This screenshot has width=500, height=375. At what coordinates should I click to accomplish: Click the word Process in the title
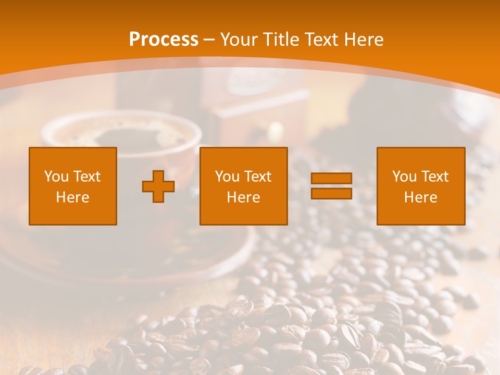[164, 40]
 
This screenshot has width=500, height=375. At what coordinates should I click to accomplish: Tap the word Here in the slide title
[364, 40]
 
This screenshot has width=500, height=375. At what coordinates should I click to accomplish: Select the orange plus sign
[158, 186]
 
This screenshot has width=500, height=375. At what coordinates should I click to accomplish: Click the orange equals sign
[331, 186]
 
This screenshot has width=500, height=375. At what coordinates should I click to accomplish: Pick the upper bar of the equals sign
[331, 179]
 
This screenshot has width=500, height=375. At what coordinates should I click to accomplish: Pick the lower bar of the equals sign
[331, 193]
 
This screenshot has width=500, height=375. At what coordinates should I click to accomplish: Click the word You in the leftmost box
[56, 177]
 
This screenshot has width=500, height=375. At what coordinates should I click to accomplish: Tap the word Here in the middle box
[244, 197]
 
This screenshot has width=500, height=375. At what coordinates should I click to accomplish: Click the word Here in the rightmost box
[421, 197]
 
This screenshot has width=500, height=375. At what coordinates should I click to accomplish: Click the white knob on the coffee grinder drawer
[276, 130]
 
